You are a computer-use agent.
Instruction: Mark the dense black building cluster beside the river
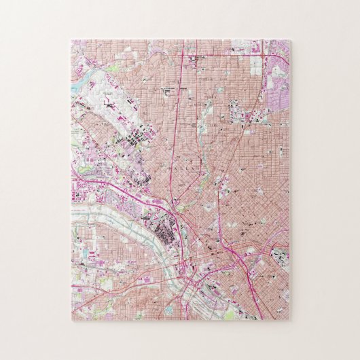(x=164, y=237)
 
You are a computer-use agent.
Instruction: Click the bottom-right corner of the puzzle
(x=290, y=319)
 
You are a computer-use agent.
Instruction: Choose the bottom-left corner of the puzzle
(x=71, y=319)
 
